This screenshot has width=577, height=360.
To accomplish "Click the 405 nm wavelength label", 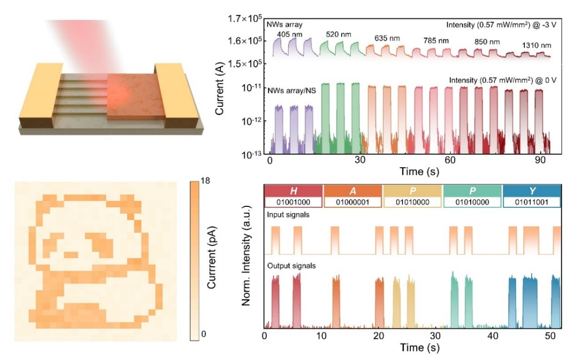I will (x=287, y=34).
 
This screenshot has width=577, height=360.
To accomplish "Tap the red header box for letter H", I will (x=294, y=190).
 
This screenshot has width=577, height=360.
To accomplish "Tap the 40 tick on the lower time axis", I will (x=493, y=336).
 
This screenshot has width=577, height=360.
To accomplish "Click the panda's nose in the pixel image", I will (x=71, y=255).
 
